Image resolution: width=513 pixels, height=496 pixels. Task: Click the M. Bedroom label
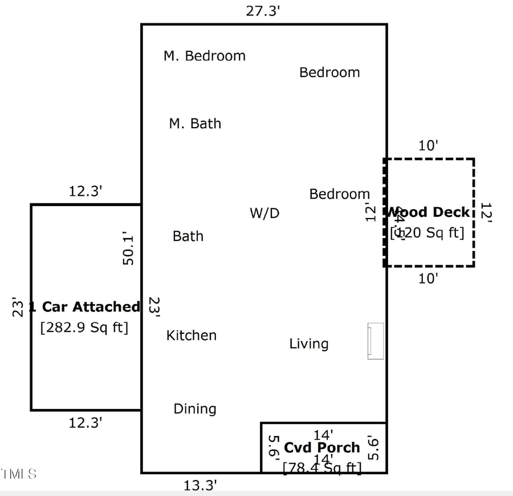click(x=204, y=56)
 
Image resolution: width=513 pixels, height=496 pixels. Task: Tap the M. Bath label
click(x=195, y=124)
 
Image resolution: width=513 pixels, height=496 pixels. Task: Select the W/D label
click(x=264, y=214)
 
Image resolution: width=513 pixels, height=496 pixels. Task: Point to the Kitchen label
click(x=191, y=335)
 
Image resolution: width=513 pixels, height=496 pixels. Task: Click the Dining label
click(x=195, y=409)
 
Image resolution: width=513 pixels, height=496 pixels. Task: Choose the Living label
click(x=308, y=344)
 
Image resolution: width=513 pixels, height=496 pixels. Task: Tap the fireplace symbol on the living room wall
click(x=375, y=341)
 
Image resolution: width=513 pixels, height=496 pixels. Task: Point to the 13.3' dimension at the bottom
click(x=200, y=486)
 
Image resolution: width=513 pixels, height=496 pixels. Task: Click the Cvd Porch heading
click(x=322, y=448)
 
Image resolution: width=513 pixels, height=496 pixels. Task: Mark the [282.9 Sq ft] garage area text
click(x=84, y=327)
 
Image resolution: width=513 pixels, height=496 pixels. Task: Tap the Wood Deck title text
click(x=429, y=212)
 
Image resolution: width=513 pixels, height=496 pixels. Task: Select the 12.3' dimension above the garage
click(x=85, y=191)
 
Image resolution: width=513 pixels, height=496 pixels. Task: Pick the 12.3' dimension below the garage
click(x=85, y=423)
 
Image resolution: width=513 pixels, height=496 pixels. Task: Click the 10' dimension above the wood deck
click(x=428, y=146)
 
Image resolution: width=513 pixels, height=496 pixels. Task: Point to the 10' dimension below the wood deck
click(x=428, y=278)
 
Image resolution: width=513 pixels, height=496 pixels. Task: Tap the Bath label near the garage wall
click(x=188, y=236)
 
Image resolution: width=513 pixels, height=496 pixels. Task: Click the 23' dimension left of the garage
click(x=19, y=308)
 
